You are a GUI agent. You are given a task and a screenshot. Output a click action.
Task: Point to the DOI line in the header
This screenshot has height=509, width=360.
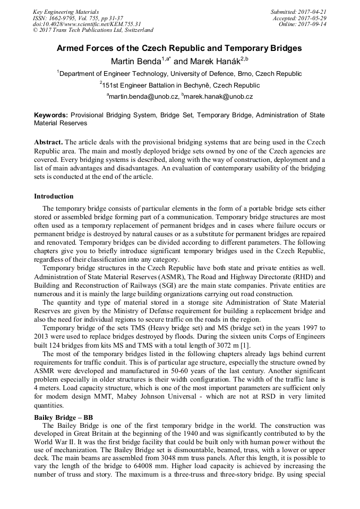pyautogui.click(x=87, y=24)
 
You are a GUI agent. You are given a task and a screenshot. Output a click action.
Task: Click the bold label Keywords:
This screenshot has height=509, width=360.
pyautogui.click(x=51, y=115)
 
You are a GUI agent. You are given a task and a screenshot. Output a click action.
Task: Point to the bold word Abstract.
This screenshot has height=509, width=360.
pyautogui.click(x=49, y=143)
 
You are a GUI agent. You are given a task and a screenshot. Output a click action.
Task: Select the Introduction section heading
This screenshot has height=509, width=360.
pyautogui.click(x=54, y=196)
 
